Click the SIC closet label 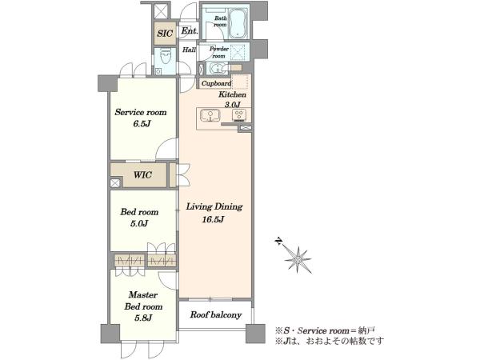[x=165, y=33]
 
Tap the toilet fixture [x=166, y=57]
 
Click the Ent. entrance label [x=190, y=31]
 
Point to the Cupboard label [x=216, y=83]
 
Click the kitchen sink [x=210, y=116]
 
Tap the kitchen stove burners [x=238, y=115]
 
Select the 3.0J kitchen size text [x=233, y=105]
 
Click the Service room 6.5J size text [x=141, y=124]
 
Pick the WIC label [x=142, y=175]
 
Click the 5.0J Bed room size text [x=139, y=224]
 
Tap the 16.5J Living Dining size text [x=214, y=219]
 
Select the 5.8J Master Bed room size [x=143, y=318]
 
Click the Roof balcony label [x=216, y=314]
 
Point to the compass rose [x=298, y=259]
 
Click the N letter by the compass [x=278, y=242]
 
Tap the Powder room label [x=219, y=52]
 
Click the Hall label [x=189, y=50]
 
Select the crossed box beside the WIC [x=114, y=183]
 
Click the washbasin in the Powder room [x=218, y=68]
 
